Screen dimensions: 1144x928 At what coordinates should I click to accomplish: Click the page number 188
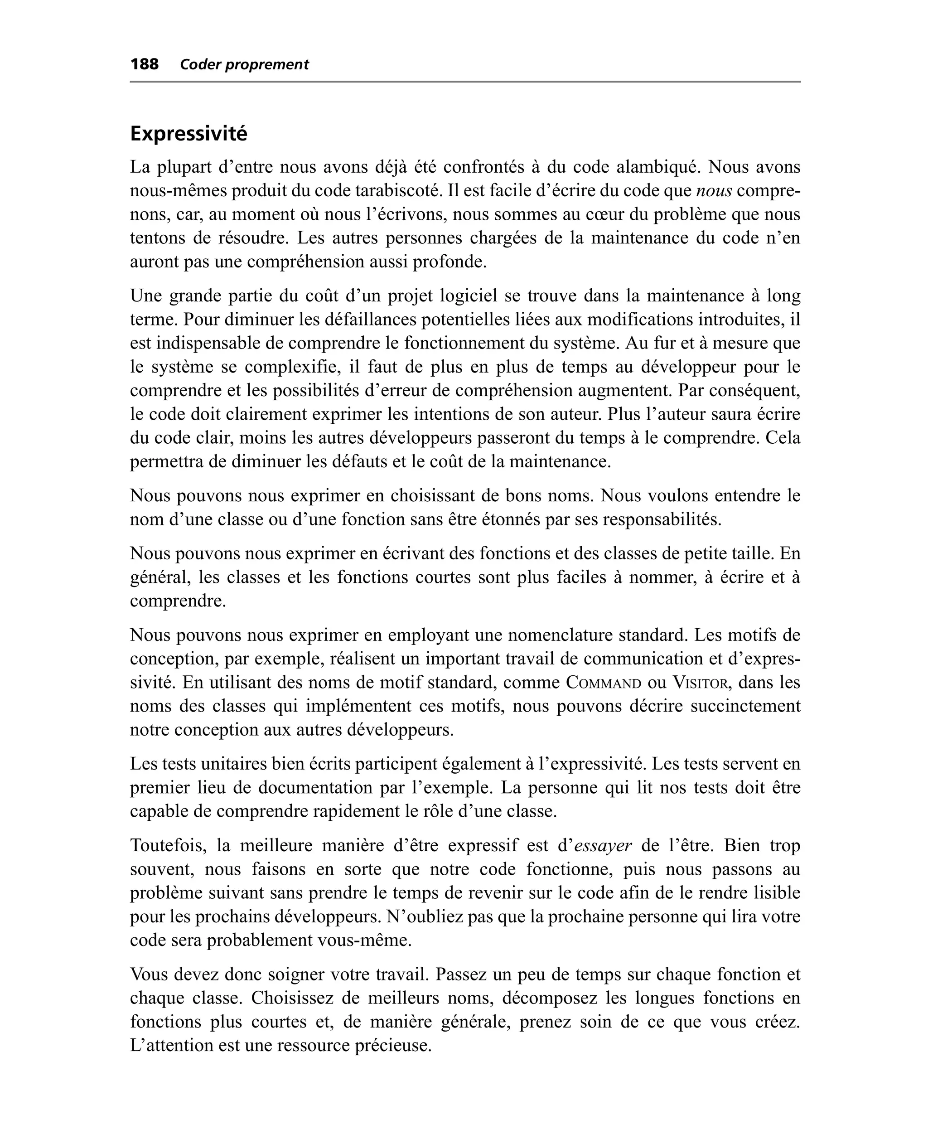145,65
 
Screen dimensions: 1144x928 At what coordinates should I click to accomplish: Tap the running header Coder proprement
244,65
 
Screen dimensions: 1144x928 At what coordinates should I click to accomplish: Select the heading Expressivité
188,134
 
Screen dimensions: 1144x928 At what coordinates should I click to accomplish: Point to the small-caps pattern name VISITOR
698,683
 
